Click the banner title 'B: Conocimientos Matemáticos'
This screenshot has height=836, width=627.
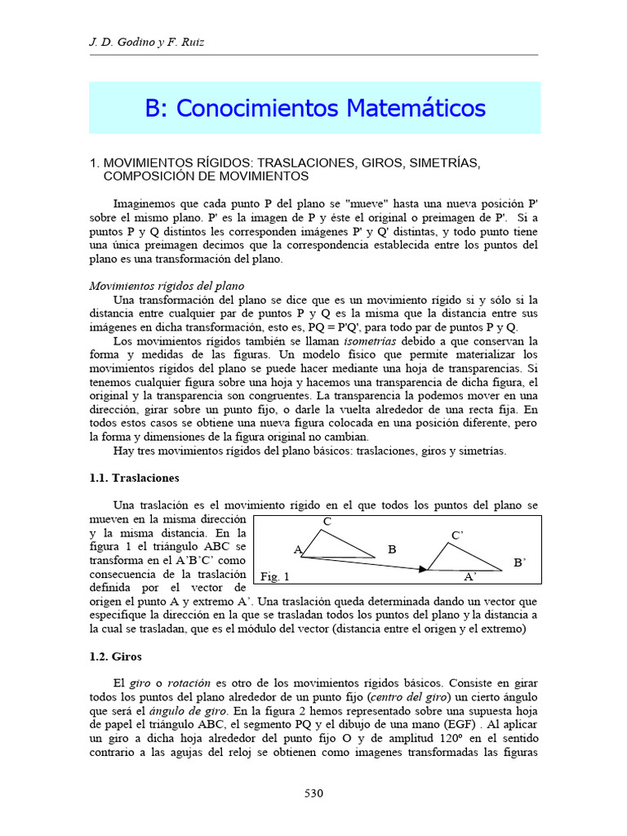click(x=315, y=108)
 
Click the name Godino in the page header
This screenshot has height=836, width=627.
click(x=132, y=42)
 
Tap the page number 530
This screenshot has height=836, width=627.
click(x=314, y=793)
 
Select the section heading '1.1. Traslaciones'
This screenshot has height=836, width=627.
click(x=134, y=478)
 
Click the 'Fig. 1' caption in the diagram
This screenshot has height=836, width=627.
click(x=275, y=577)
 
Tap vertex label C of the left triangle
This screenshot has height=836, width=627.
click(x=327, y=522)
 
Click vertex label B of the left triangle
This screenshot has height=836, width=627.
click(x=392, y=550)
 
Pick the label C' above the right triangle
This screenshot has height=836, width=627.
click(x=457, y=536)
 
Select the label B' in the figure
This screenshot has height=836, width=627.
click(x=519, y=563)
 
